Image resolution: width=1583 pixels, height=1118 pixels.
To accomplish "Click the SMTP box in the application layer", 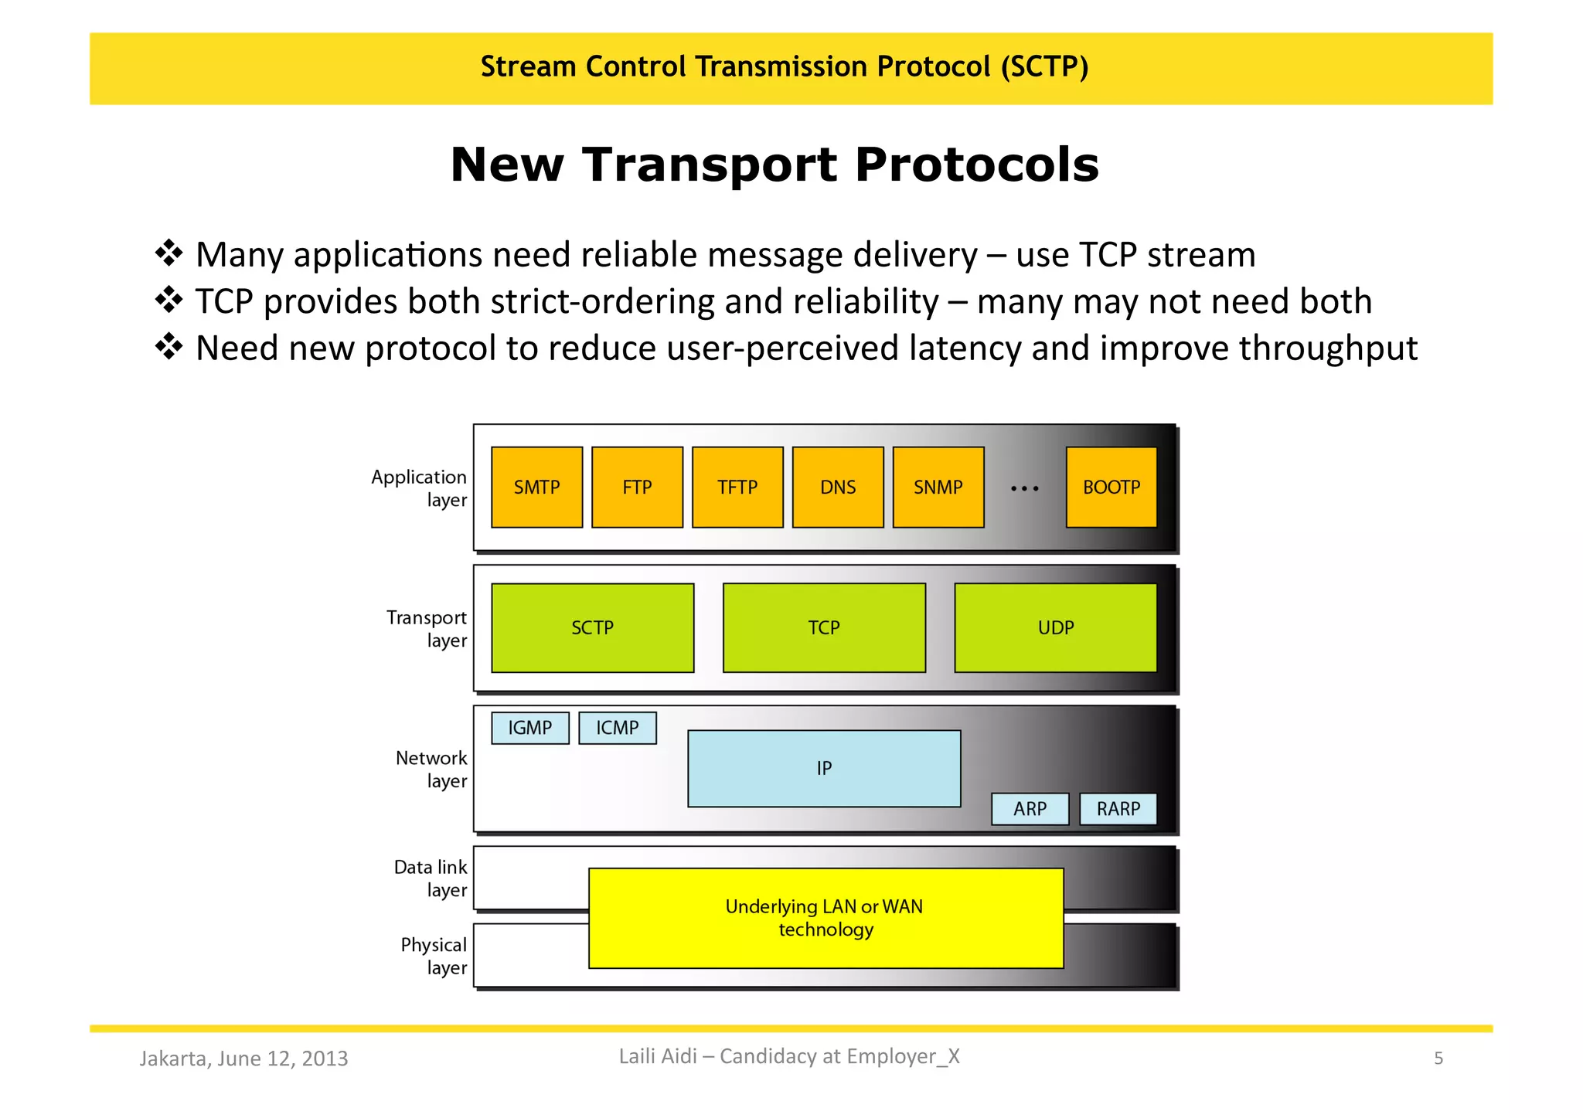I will click(536, 488).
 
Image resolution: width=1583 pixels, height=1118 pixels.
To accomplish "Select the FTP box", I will click(637, 488).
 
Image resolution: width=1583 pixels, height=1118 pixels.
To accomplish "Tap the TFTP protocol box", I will click(737, 488).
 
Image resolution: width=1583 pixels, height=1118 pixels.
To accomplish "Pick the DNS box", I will click(838, 488).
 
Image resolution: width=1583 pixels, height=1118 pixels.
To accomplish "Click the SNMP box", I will click(938, 488).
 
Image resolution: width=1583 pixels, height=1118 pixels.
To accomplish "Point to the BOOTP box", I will click(1111, 488).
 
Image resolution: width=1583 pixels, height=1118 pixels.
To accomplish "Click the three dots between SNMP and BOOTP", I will click(1025, 488).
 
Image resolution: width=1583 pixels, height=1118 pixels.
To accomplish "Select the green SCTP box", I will click(592, 627).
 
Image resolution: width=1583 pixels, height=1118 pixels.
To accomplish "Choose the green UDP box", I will click(1055, 627).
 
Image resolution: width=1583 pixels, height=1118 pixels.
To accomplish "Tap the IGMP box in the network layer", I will click(529, 728).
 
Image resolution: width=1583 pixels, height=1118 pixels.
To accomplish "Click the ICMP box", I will click(617, 728).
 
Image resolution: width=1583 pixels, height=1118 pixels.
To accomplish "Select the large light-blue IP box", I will click(824, 769).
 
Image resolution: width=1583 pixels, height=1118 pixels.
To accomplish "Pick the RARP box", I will click(1118, 809).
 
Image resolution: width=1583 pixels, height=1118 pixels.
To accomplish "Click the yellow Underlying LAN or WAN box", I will click(826, 918).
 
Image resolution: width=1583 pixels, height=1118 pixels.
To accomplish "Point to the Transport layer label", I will click(427, 629).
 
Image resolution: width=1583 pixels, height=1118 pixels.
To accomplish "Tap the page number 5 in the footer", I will click(1438, 1059).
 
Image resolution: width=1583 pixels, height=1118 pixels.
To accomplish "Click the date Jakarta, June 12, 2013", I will click(243, 1059).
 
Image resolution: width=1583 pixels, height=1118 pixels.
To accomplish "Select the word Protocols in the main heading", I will click(976, 165).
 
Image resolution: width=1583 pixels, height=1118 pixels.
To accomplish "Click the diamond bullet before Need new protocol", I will click(169, 346).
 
